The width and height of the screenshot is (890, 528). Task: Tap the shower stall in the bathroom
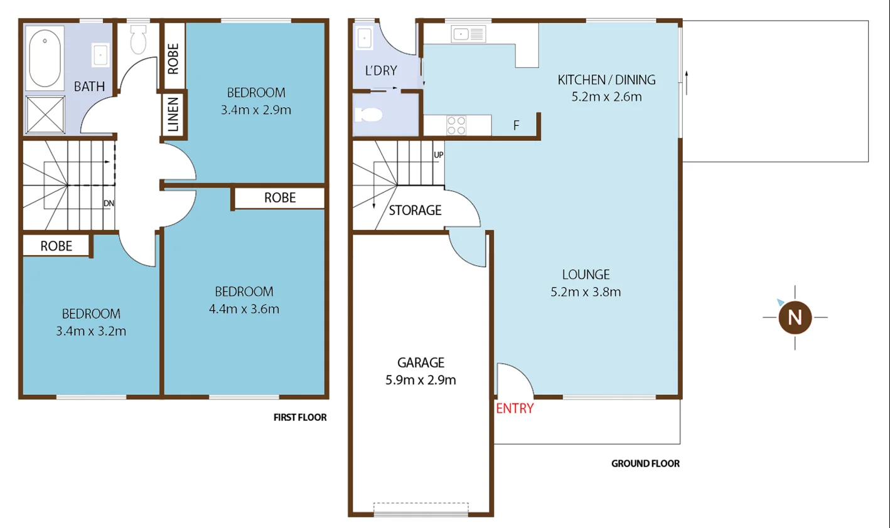pyautogui.click(x=45, y=114)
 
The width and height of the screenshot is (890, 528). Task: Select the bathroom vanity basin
pyautogui.click(x=100, y=55)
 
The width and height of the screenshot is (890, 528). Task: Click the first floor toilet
pyautogui.click(x=138, y=41)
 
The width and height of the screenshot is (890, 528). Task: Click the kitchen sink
pyautogui.click(x=468, y=34)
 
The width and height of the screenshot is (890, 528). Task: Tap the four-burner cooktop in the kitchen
pyautogui.click(x=456, y=125)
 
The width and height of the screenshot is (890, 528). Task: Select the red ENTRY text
pyautogui.click(x=515, y=409)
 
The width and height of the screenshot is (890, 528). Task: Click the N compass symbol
pyautogui.click(x=795, y=317)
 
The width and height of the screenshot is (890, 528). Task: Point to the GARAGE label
pyautogui.click(x=421, y=362)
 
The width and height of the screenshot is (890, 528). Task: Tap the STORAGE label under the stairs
pyautogui.click(x=415, y=211)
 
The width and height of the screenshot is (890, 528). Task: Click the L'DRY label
pyautogui.click(x=381, y=71)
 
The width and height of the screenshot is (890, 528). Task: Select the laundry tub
pyautogui.click(x=365, y=39)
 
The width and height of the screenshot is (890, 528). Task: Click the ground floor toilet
pyautogui.click(x=369, y=115)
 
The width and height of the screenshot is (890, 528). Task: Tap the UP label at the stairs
pyautogui.click(x=438, y=155)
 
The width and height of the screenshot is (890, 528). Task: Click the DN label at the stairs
pyautogui.click(x=109, y=204)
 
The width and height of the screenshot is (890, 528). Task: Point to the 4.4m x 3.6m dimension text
pyautogui.click(x=244, y=309)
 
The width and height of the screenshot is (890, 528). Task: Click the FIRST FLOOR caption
pyautogui.click(x=300, y=418)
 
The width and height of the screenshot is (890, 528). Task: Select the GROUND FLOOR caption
pyautogui.click(x=645, y=464)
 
